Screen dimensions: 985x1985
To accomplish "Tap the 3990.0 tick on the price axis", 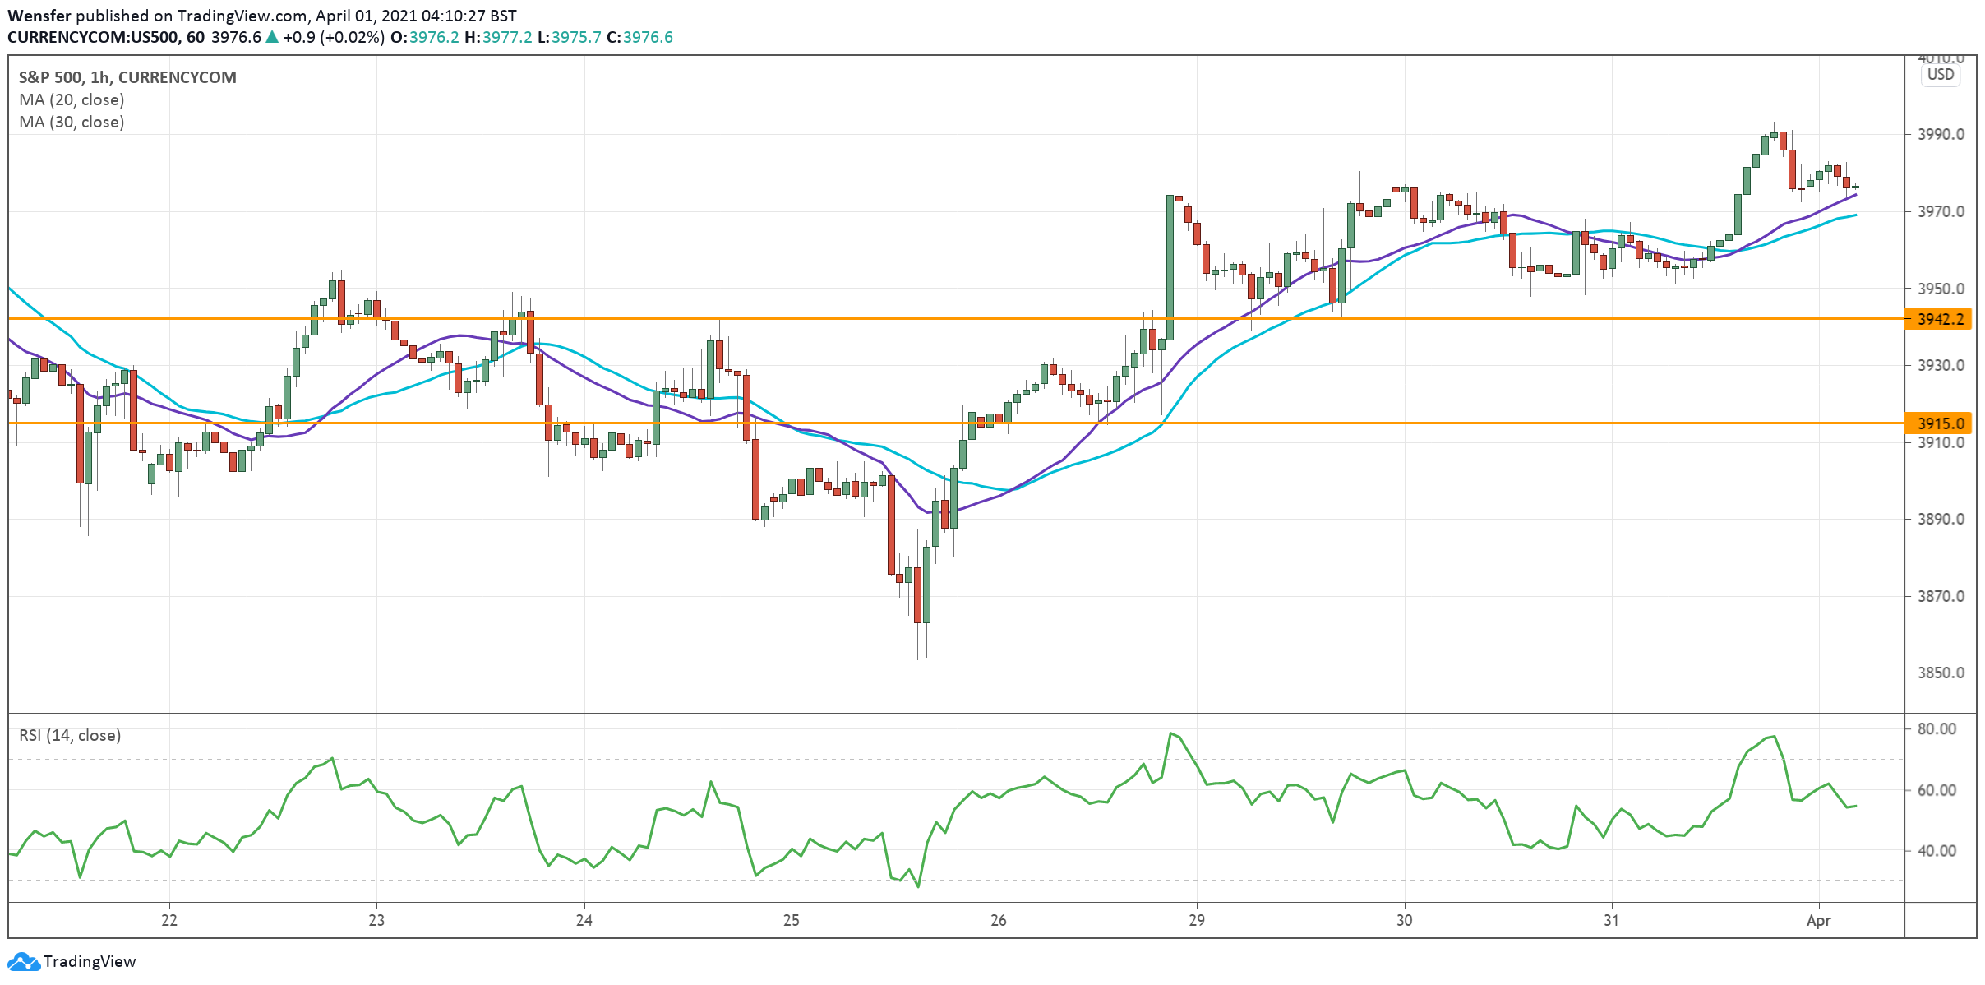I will (x=1941, y=134).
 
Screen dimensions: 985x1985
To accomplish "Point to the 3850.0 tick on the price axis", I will (x=1941, y=673).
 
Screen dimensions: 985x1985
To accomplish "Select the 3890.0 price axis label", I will (x=1941, y=519).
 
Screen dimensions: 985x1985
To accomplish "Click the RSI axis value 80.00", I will (x=1937, y=728).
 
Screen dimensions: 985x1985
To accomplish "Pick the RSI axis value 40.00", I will (x=1937, y=851).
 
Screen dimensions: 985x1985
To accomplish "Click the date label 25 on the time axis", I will (x=791, y=920).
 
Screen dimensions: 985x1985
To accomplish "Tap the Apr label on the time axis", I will (x=1818, y=920).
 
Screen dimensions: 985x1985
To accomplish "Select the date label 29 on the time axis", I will (x=1197, y=920).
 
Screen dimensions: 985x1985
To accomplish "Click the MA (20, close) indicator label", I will (x=72, y=99).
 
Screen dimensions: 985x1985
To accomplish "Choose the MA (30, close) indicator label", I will (x=72, y=122).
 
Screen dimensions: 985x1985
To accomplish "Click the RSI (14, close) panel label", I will (x=70, y=735).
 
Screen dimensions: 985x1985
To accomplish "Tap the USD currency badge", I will (x=1941, y=75).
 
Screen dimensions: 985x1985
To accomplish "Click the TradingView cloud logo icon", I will (x=23, y=961).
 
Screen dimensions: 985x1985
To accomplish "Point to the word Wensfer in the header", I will (x=39, y=16).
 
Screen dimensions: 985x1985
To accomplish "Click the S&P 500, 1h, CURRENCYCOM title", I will (x=127, y=77).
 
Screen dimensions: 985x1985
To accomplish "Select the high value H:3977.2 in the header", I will (x=498, y=37).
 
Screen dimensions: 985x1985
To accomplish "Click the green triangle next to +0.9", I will (x=272, y=37).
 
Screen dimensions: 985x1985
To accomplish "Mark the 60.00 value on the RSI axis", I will (x=1937, y=790).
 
